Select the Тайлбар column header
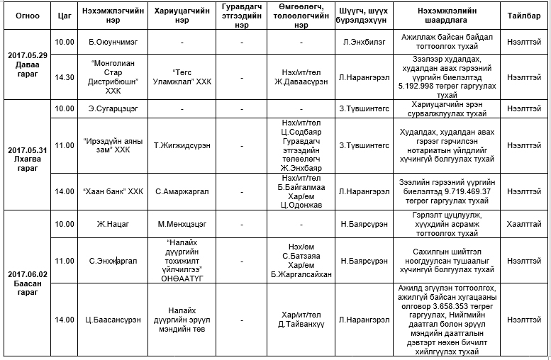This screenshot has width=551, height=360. tap(523, 15)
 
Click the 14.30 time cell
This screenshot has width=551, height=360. tap(65, 77)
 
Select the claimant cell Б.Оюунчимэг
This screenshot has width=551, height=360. tap(114, 42)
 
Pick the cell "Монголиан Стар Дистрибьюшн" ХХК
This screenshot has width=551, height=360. tap(114, 77)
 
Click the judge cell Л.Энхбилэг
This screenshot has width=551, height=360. tap(363, 42)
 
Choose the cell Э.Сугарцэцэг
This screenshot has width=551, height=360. tap(114, 108)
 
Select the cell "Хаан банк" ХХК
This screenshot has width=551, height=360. tap(114, 191)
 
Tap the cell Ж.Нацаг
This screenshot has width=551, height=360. tap(114, 224)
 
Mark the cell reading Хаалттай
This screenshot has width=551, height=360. tap(523, 224)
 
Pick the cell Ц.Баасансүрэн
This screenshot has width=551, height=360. tap(114, 320)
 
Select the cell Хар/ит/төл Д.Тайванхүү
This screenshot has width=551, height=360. tap(303, 320)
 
